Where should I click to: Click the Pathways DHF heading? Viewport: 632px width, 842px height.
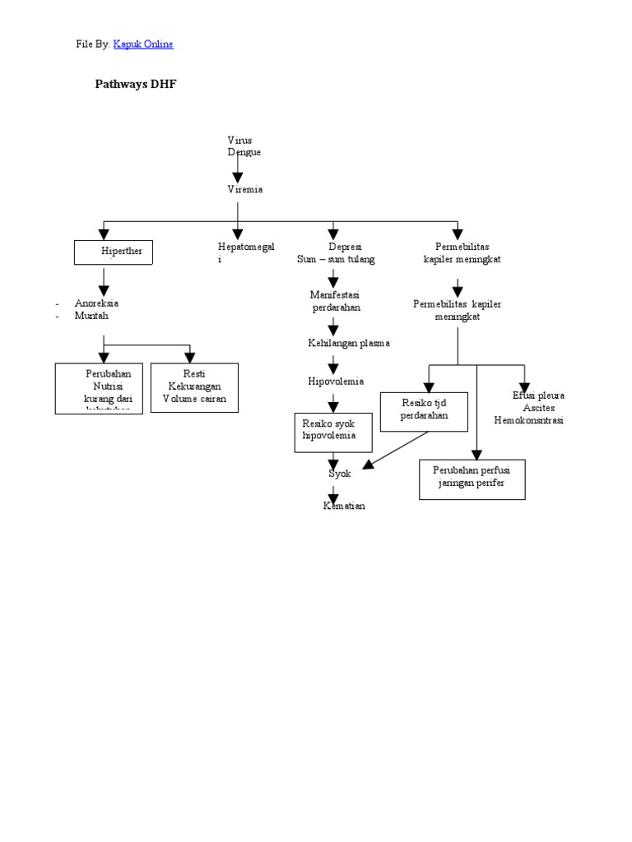(136, 84)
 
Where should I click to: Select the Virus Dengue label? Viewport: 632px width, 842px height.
(244, 146)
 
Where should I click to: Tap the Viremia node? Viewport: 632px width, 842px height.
(245, 190)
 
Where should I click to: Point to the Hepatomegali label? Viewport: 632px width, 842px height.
(246, 252)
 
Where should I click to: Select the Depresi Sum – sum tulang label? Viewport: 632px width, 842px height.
(336, 253)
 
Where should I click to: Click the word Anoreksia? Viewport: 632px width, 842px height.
(96, 303)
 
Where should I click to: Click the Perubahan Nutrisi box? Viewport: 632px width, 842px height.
(99, 387)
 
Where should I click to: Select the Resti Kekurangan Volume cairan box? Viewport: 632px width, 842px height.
(194, 387)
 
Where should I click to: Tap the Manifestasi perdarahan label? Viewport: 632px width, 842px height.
(336, 301)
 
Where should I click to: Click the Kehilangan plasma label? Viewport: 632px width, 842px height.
(349, 343)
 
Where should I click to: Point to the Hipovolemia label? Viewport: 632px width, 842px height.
(336, 382)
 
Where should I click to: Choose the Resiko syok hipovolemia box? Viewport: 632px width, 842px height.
(333, 432)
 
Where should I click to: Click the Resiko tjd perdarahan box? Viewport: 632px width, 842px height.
(424, 411)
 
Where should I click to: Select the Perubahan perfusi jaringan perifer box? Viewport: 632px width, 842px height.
(472, 479)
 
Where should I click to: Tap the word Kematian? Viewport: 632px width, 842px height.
(344, 506)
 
